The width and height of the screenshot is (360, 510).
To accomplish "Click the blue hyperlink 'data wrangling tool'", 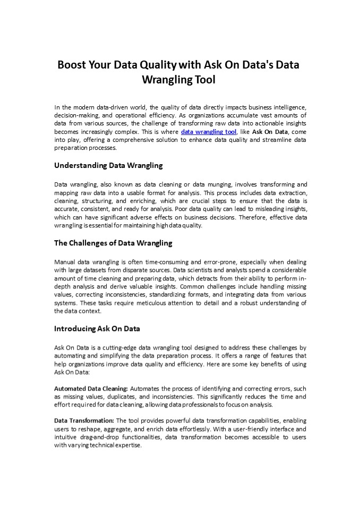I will pyautogui.click(x=208, y=131).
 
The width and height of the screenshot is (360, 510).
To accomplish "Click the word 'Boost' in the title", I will pyautogui.click(x=73, y=65).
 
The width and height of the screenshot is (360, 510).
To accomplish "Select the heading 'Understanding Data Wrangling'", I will pyautogui.click(x=108, y=165).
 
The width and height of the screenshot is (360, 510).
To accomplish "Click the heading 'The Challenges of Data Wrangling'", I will pyautogui.click(x=113, y=243).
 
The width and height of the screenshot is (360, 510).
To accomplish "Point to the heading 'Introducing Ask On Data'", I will pyautogui.click(x=97, y=328).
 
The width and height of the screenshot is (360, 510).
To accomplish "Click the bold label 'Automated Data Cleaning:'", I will pyautogui.click(x=91, y=388).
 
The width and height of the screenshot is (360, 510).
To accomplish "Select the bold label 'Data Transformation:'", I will pyautogui.click(x=84, y=420).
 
